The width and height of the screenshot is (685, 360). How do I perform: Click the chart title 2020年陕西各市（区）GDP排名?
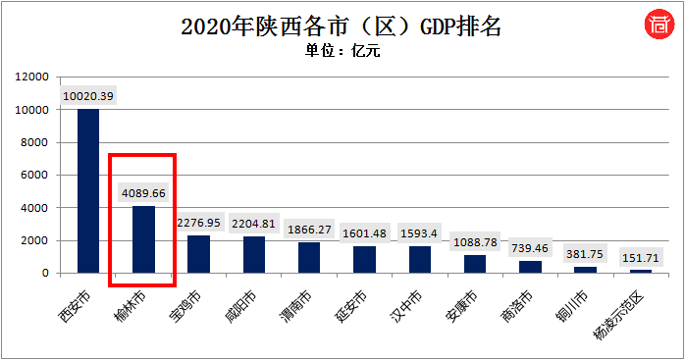point(342,26)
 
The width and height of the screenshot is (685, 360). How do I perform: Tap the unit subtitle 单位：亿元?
point(342,51)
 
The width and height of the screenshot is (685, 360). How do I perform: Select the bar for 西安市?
point(88,191)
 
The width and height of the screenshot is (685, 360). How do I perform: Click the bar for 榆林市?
point(143,239)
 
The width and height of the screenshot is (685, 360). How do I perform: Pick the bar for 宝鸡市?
point(199,254)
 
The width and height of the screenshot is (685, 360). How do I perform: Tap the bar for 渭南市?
point(309,258)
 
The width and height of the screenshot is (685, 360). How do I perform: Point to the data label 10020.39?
point(89,96)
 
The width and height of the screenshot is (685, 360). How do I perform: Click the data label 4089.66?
point(144,193)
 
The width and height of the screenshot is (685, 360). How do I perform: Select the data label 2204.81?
point(254,224)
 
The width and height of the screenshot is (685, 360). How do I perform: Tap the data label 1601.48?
point(364,233)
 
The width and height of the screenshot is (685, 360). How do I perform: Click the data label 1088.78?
point(475,241)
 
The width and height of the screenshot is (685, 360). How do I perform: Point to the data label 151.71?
point(641,257)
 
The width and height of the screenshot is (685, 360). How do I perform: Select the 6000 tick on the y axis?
point(33,175)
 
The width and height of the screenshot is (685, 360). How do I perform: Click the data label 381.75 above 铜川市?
point(585,253)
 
